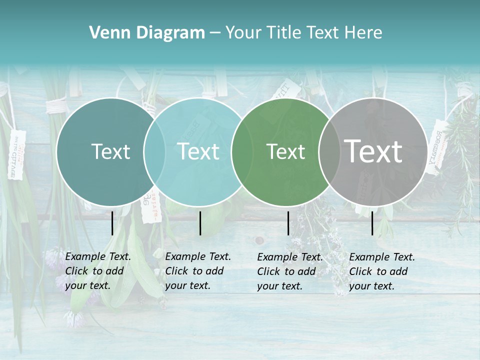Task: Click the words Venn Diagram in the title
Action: tap(147, 33)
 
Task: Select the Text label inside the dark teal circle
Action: tap(110, 151)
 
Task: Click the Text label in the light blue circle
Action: tap(198, 151)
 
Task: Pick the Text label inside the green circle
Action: tap(285, 151)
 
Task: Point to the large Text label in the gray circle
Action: tap(373, 151)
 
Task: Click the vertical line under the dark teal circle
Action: tap(112, 223)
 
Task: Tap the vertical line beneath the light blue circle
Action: tap(200, 223)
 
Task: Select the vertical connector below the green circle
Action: tap(288, 223)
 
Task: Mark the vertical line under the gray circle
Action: tap(372, 223)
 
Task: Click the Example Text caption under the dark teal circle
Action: tap(98, 271)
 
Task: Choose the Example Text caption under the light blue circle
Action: tap(198, 271)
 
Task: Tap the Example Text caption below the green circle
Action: tap(290, 271)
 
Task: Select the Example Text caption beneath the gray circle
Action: tap(382, 271)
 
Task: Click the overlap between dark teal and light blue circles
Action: tap(154, 151)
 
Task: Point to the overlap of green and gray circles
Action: tap(327, 151)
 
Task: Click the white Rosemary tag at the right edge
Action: tap(436, 146)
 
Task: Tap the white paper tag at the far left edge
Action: tap(16, 154)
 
